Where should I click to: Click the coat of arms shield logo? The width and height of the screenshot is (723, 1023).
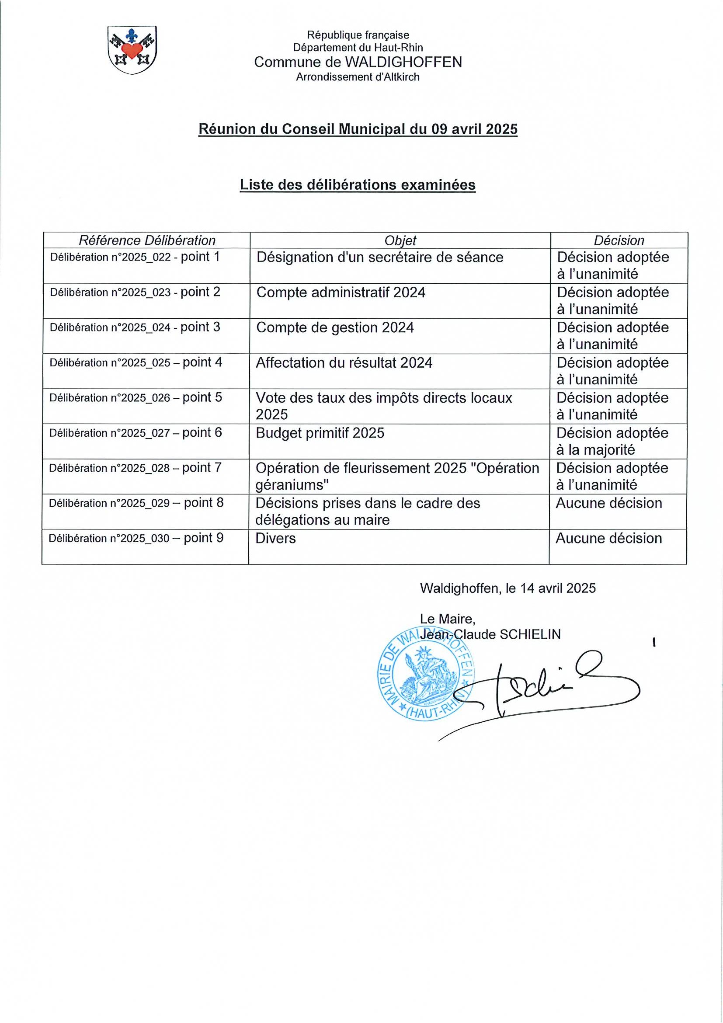click(x=132, y=50)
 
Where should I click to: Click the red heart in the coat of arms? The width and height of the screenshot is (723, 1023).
click(x=132, y=49)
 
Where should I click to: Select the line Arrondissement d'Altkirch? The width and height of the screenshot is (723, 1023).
click(x=358, y=77)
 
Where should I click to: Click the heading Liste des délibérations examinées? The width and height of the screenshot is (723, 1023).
click(x=357, y=185)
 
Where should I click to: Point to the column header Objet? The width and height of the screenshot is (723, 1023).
click(x=400, y=240)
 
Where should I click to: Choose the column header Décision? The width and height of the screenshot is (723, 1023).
click(x=619, y=240)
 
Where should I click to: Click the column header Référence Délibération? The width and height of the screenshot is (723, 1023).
click(x=147, y=240)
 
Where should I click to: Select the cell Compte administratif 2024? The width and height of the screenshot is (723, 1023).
click(x=341, y=293)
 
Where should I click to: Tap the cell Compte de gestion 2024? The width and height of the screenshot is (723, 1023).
click(x=335, y=328)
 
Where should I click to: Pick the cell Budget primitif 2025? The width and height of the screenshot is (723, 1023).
click(x=320, y=433)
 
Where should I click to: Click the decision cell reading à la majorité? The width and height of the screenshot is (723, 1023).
click(x=596, y=450)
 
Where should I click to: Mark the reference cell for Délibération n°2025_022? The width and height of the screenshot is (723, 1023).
click(x=135, y=257)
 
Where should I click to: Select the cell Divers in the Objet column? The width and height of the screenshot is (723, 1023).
click(x=275, y=538)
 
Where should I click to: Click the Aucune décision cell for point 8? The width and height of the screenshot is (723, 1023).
click(x=608, y=504)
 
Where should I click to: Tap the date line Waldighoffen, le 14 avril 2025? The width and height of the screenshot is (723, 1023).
click(x=508, y=588)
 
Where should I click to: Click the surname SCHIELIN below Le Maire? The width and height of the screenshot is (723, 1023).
click(x=530, y=634)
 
